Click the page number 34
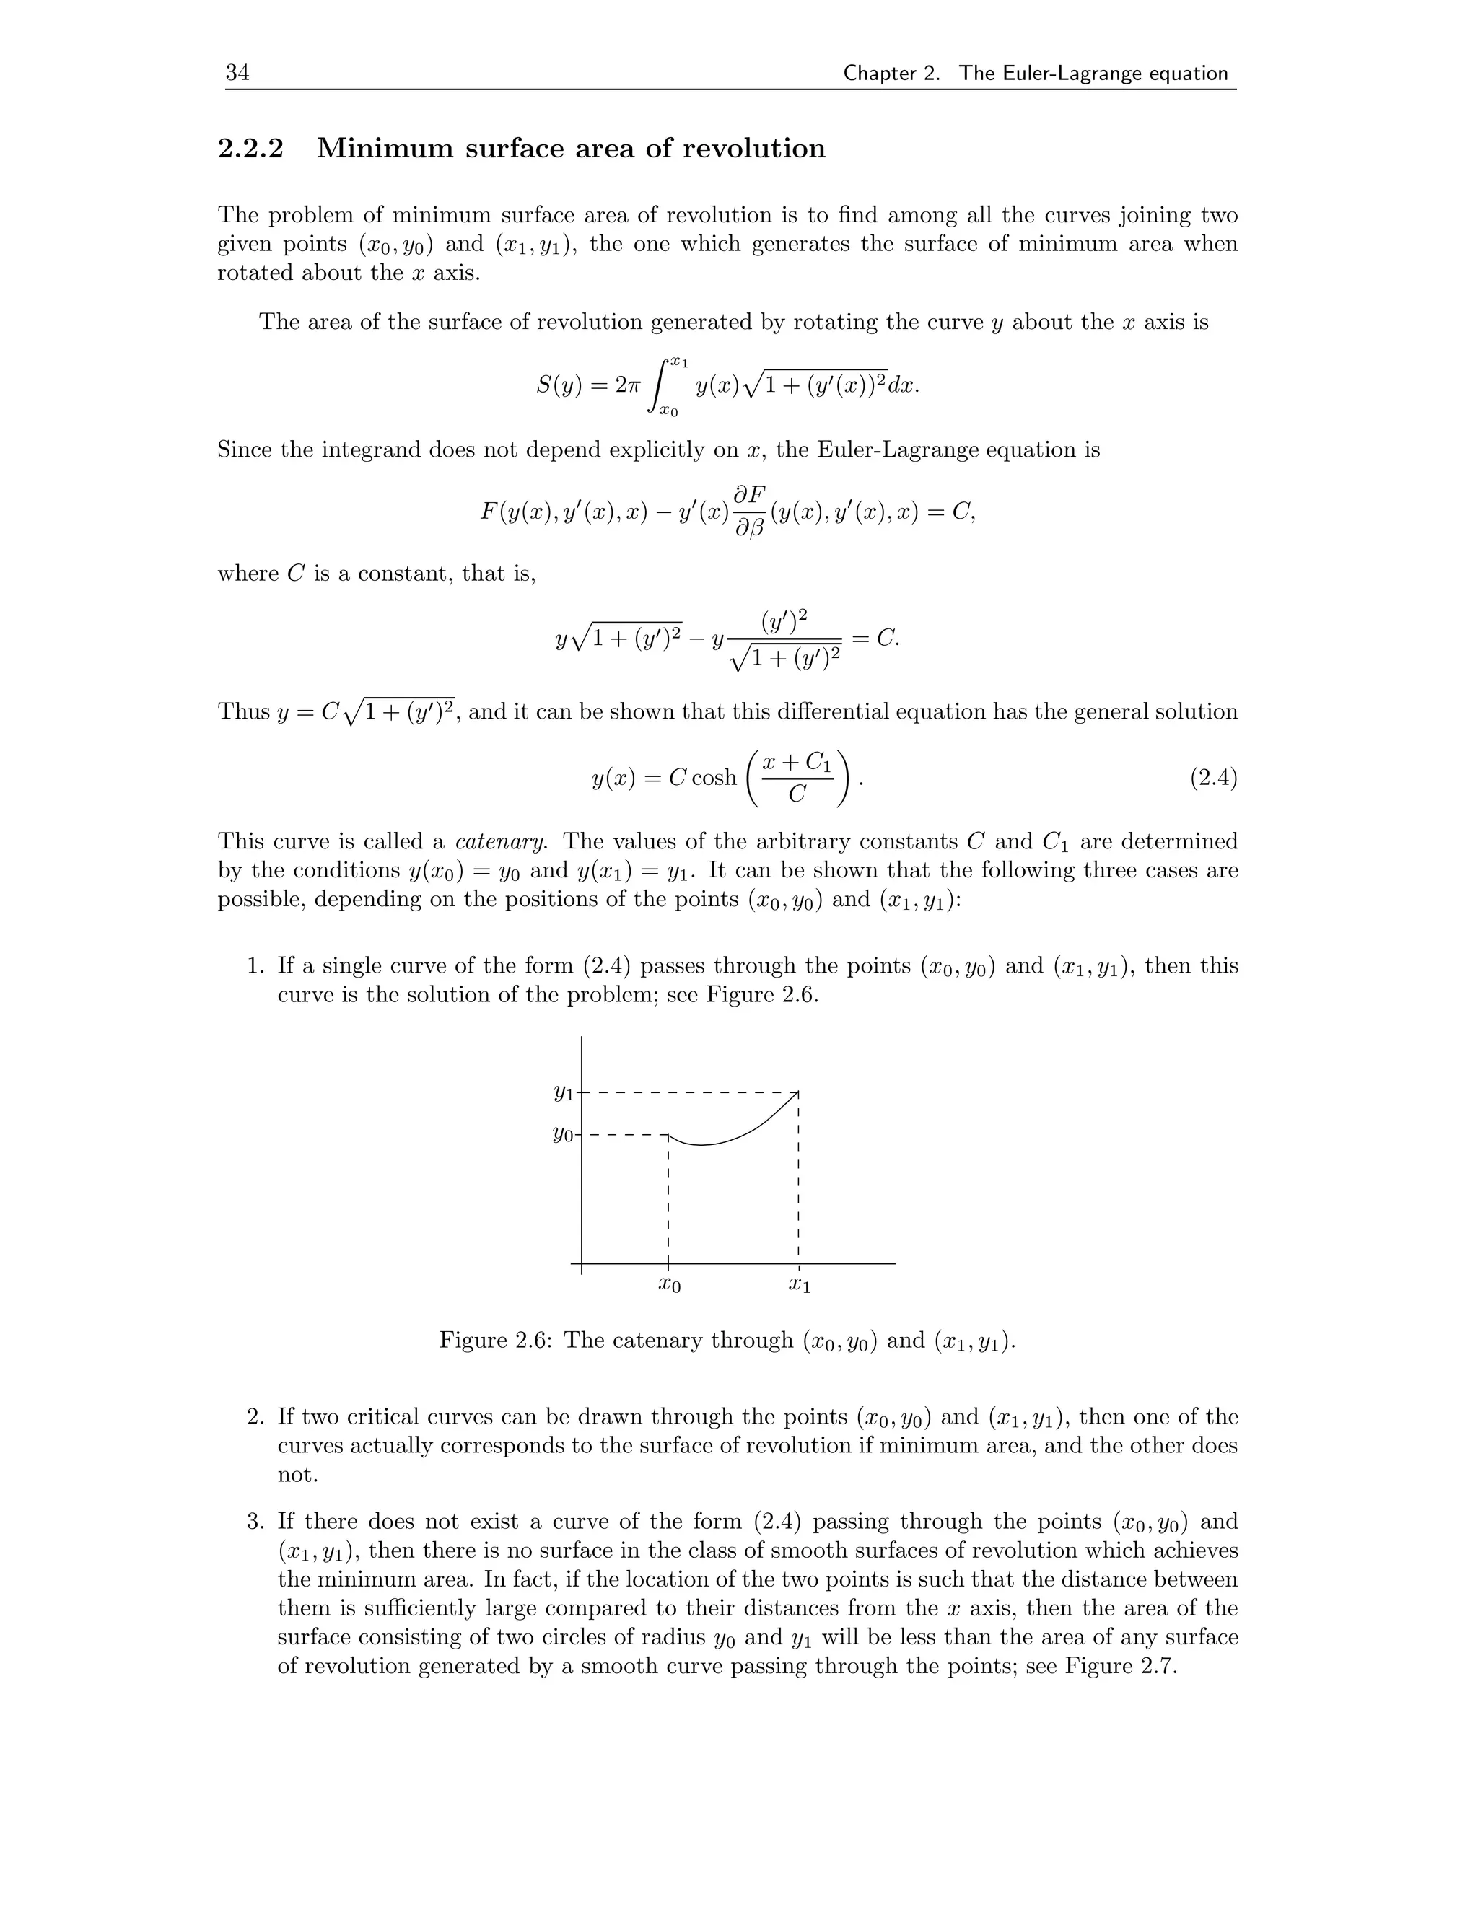tap(237, 74)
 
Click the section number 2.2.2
tap(250, 149)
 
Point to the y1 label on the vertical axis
tap(563, 1092)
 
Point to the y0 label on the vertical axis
tap(563, 1135)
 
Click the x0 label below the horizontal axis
tap(669, 1285)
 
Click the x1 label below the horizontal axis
tap(800, 1285)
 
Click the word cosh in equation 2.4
tap(714, 777)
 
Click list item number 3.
tap(255, 1522)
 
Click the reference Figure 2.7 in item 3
tap(1120, 1666)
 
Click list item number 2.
tap(255, 1416)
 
